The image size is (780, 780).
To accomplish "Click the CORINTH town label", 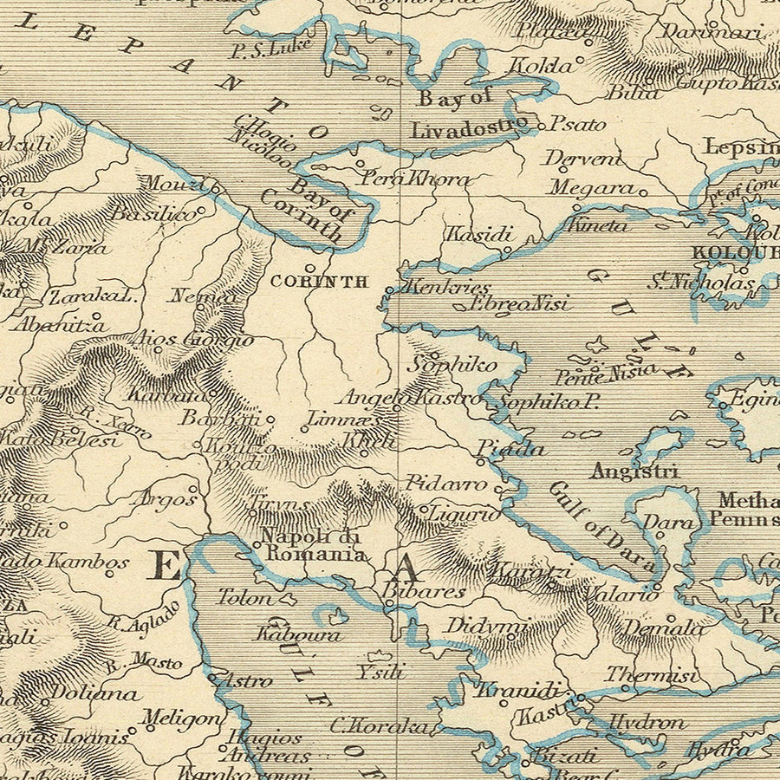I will tap(319, 282).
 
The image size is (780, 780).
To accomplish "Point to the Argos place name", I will tap(164, 499).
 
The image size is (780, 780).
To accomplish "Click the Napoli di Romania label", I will tap(314, 545).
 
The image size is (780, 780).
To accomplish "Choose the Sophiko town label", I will tap(452, 364).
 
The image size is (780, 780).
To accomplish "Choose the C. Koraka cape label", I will tap(379, 726).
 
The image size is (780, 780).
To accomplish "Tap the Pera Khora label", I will tap(415, 179).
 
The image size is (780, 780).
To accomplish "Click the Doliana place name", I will tap(94, 693).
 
